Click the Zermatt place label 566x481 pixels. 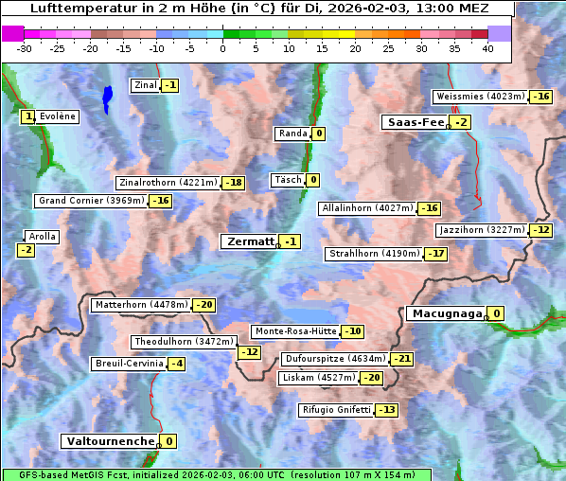(x=249, y=241)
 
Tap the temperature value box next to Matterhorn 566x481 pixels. (x=203, y=305)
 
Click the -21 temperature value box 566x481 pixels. (x=402, y=360)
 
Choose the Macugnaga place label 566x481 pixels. (x=446, y=313)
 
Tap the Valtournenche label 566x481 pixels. (x=109, y=441)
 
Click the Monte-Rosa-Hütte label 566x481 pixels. (x=295, y=331)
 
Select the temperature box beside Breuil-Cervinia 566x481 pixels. (x=177, y=364)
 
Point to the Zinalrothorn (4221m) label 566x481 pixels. (x=168, y=183)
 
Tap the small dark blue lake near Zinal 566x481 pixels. (x=107, y=98)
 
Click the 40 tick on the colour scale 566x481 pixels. (x=487, y=48)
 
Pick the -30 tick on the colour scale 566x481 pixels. (x=25, y=48)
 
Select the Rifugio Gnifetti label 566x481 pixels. (x=335, y=410)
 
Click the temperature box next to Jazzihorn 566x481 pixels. (x=540, y=230)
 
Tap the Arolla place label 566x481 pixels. (x=43, y=237)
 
